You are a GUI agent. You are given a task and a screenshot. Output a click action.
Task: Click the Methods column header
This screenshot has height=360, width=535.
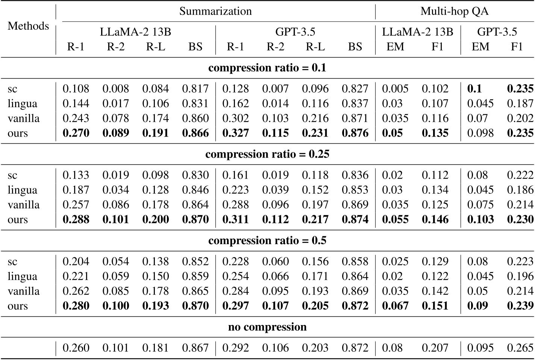(28, 26)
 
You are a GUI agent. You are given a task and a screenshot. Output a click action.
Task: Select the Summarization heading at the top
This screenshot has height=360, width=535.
(215, 11)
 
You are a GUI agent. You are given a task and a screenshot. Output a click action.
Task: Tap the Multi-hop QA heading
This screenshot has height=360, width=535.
(455, 11)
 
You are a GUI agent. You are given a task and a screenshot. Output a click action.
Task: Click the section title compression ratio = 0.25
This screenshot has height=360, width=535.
(267, 154)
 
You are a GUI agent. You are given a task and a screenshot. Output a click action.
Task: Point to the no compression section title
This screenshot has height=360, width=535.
(267, 327)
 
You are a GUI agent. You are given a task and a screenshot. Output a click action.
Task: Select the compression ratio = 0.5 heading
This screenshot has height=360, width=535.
(267, 241)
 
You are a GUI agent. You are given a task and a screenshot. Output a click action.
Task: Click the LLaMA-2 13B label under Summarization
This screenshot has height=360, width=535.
(135, 32)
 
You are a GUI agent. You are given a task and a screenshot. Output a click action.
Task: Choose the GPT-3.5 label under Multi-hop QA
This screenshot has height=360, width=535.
(497, 32)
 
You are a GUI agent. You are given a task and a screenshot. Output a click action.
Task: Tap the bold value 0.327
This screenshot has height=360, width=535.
(235, 133)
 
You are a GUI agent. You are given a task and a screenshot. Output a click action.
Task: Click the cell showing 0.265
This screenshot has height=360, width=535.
(520, 348)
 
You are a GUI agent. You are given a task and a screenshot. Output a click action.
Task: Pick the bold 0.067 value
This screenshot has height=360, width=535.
(395, 306)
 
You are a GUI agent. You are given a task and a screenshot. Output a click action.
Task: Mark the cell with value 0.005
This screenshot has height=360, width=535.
(395, 89)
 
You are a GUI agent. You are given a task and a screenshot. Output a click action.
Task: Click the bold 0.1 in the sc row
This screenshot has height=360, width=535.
(474, 89)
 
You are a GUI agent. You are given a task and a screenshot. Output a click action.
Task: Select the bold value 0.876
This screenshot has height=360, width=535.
(355, 133)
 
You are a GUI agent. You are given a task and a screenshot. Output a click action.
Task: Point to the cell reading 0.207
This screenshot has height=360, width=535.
(435, 348)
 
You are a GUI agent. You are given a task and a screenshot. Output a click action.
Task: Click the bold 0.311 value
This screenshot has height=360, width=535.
(235, 220)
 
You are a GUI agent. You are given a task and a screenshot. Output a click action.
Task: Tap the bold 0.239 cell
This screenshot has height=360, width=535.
(520, 306)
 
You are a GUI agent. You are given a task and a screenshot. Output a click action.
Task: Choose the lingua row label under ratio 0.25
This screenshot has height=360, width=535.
(22, 190)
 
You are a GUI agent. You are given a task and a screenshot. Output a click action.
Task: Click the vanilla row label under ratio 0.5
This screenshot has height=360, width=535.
(23, 291)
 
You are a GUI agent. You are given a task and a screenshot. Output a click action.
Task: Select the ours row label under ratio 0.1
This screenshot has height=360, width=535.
(18, 133)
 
